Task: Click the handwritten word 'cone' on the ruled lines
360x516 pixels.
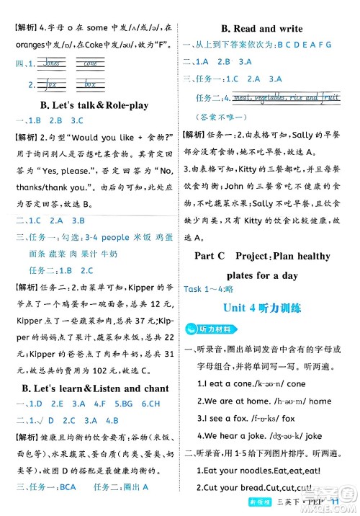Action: point(90,63)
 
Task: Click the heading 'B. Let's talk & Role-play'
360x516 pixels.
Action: point(86,105)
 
